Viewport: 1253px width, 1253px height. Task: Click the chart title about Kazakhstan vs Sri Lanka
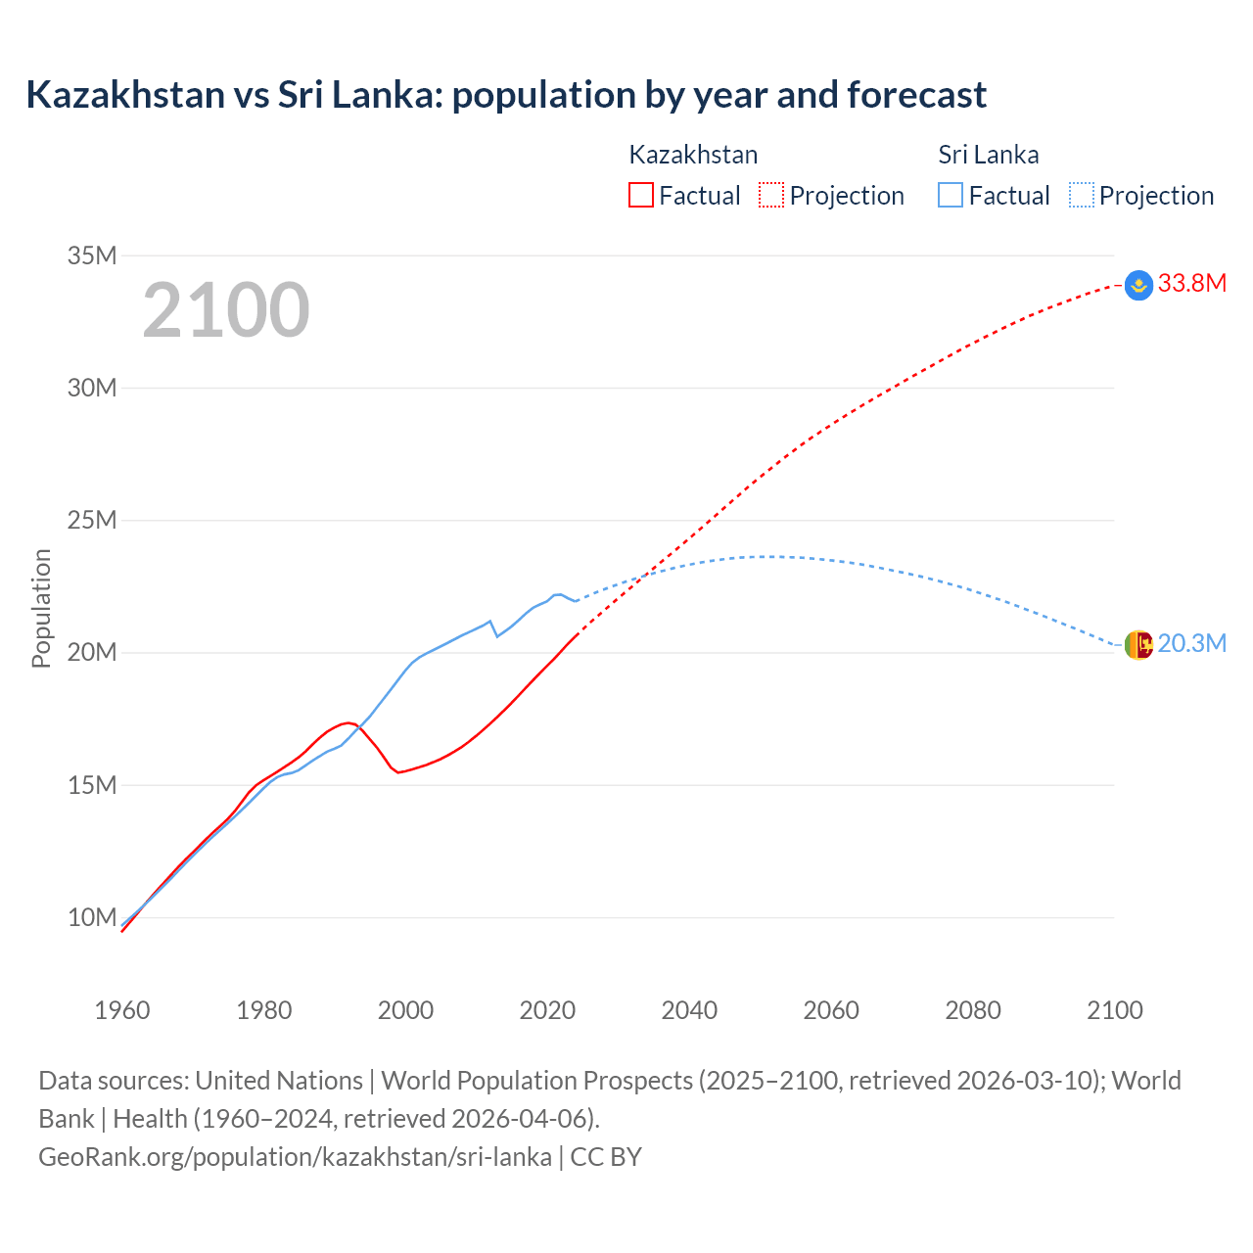click(x=506, y=95)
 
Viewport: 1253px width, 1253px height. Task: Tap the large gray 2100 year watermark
click(x=226, y=310)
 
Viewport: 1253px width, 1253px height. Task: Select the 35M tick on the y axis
click(x=92, y=255)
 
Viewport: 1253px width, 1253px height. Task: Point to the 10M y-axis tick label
click(x=92, y=917)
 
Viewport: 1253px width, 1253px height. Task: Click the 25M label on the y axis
click(x=92, y=520)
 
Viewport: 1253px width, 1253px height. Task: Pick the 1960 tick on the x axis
click(x=122, y=1010)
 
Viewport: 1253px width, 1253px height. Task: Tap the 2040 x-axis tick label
click(x=689, y=1010)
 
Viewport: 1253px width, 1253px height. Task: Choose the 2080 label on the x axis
click(x=973, y=1010)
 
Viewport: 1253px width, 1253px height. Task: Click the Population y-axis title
click(x=41, y=608)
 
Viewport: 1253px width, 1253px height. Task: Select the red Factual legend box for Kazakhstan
click(x=641, y=196)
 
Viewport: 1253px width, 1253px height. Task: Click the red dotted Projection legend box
click(x=771, y=196)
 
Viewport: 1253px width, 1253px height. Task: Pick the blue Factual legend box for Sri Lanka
click(x=951, y=196)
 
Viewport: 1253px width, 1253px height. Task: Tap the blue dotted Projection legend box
click(x=1082, y=196)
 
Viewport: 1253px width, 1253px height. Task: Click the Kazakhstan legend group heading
click(x=693, y=155)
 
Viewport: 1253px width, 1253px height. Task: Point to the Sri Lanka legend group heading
click(x=989, y=155)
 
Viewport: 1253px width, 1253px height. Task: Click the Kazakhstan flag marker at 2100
click(x=1138, y=285)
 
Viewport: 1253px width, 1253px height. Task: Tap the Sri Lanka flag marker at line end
click(x=1138, y=645)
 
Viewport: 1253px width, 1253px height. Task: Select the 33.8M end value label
click(x=1192, y=284)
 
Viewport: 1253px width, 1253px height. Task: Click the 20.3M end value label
click(x=1192, y=643)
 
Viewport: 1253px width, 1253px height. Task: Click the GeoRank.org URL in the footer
click(x=295, y=1156)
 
